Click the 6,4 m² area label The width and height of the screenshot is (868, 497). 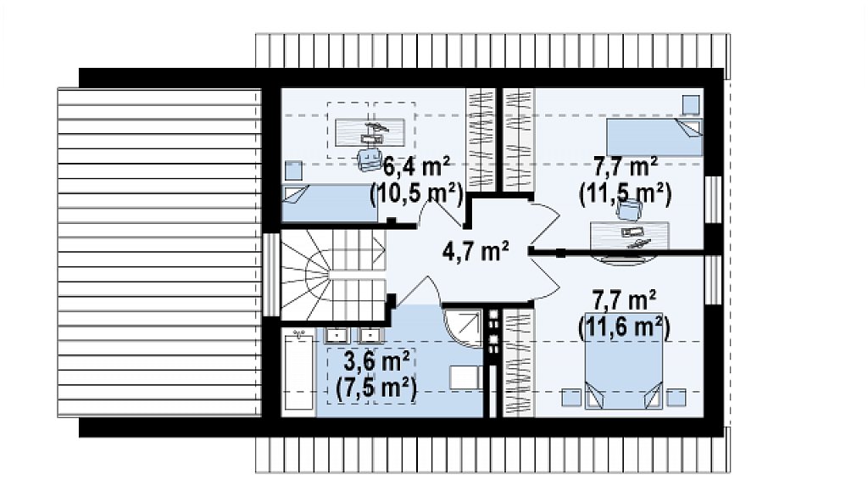(x=416, y=166)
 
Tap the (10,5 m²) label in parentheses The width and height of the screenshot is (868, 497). (x=416, y=194)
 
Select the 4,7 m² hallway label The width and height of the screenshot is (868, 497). (x=476, y=251)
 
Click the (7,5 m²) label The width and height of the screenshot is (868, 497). (x=376, y=388)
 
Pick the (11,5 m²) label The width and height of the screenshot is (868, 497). (x=625, y=194)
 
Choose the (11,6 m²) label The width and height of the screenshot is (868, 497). (x=625, y=327)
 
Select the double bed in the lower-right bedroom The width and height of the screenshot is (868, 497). (x=624, y=376)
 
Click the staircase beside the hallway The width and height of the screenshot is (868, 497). (x=333, y=276)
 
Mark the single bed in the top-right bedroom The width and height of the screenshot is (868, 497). (x=654, y=137)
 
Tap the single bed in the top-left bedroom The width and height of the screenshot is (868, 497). (x=330, y=204)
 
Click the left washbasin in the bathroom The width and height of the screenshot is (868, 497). (x=336, y=335)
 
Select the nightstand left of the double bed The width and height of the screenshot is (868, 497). (x=570, y=398)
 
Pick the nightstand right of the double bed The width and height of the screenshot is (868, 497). (x=676, y=398)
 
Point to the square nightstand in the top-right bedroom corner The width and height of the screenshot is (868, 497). (x=690, y=104)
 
